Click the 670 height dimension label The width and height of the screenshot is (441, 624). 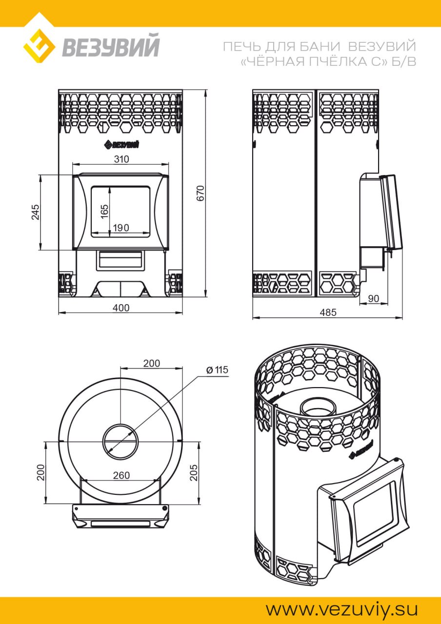point(200,193)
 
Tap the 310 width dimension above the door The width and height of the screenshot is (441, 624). point(121,159)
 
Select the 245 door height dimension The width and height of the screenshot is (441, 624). point(36,212)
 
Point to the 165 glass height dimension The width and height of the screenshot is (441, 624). point(104,212)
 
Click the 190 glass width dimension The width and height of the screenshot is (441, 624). point(121,228)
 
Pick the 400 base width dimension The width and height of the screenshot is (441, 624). point(121,308)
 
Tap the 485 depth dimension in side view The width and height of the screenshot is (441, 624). point(328,312)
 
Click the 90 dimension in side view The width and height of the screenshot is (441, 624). point(374,298)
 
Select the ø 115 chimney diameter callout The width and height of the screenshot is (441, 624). point(217,370)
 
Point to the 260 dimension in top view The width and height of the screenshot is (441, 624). point(121,475)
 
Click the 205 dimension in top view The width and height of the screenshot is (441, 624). point(194,472)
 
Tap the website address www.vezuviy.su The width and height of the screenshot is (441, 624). point(341,609)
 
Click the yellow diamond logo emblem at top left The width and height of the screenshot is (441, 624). point(39,46)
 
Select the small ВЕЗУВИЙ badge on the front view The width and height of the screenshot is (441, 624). point(121,145)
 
